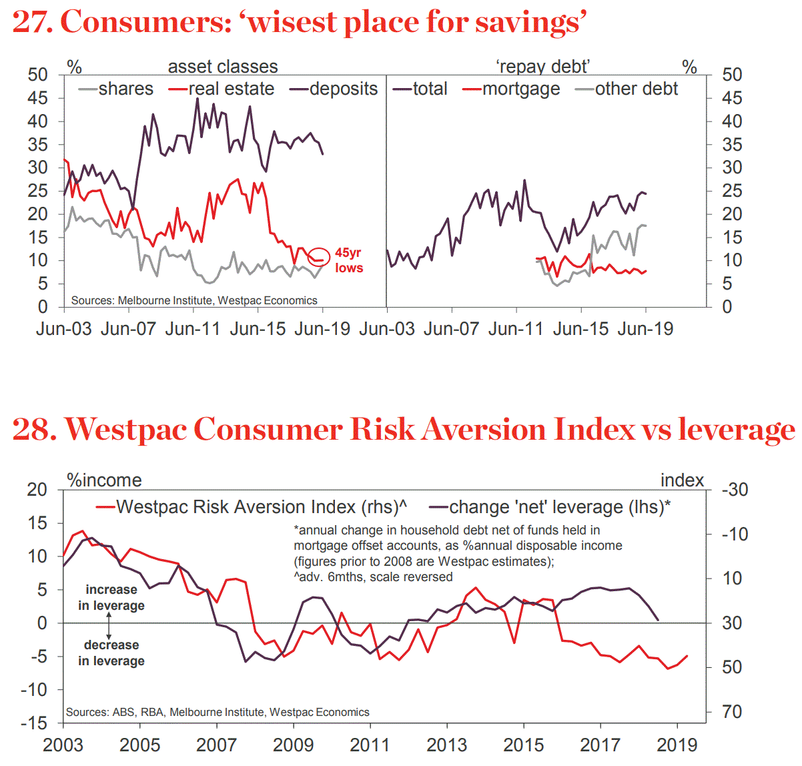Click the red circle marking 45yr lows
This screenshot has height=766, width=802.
click(319, 257)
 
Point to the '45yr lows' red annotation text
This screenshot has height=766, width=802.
click(349, 260)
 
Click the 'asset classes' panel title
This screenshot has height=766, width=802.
click(223, 67)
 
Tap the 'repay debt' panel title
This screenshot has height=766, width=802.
click(542, 67)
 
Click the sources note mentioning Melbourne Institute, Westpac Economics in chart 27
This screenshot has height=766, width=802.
click(194, 300)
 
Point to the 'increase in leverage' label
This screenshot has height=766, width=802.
click(111, 597)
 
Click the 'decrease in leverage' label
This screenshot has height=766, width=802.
click(111, 653)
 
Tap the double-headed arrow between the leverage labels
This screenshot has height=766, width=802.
click(109, 625)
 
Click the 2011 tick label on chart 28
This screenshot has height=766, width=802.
click(370, 745)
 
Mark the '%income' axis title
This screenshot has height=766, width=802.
click(105, 480)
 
